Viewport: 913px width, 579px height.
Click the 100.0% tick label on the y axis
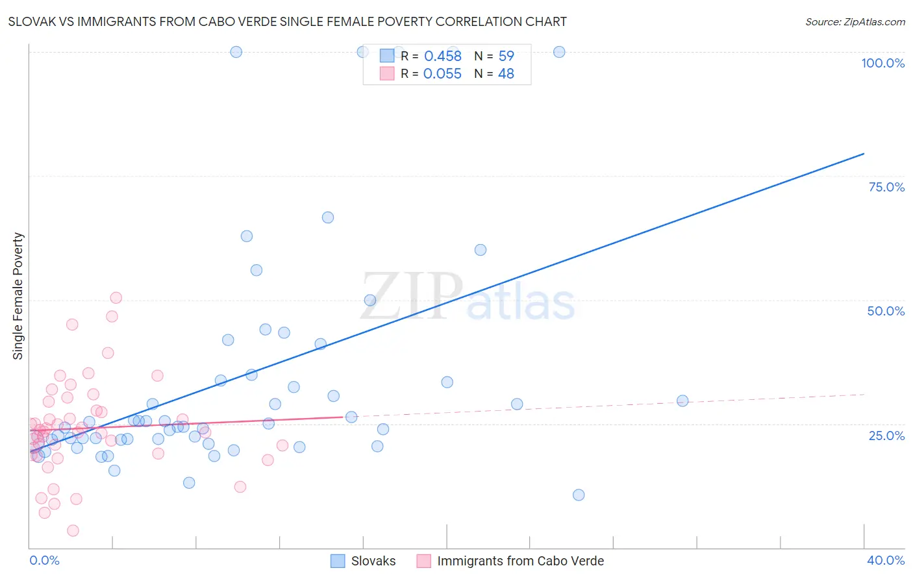click(x=882, y=63)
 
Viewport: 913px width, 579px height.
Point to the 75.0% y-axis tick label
click(x=886, y=187)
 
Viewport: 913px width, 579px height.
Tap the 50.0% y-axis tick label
click(x=886, y=311)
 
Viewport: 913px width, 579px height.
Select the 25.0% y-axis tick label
click(x=886, y=436)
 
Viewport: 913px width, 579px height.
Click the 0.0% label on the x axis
click(x=44, y=560)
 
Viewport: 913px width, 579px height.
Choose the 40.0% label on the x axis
click(x=885, y=560)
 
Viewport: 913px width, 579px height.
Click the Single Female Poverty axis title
click(x=18, y=296)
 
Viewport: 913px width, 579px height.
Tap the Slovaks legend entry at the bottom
click(x=373, y=561)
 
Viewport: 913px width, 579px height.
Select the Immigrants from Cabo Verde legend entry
click(x=520, y=561)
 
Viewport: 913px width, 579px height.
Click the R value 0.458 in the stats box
click(x=442, y=56)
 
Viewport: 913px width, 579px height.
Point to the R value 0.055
click(x=442, y=74)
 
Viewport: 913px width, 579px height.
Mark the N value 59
click(x=506, y=56)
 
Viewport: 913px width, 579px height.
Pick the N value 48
click(x=506, y=74)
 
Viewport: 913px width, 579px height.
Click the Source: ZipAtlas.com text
click(x=855, y=22)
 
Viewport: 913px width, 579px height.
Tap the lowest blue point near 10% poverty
click(x=579, y=495)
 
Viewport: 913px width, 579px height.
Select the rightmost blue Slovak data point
click(x=682, y=400)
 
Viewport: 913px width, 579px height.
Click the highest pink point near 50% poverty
click(x=116, y=298)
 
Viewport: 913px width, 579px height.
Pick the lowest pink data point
click(x=73, y=530)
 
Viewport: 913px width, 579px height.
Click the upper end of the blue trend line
click(x=864, y=154)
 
